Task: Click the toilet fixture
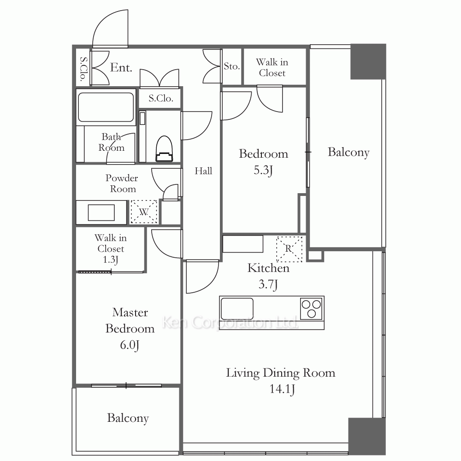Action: pos(164,149)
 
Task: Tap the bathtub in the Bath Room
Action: pos(106,107)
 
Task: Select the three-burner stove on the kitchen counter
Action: pos(311,308)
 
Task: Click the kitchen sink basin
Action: pos(237,309)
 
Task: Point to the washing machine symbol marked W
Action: pos(144,212)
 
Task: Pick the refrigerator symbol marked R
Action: pos(289,249)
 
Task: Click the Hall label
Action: pos(203,171)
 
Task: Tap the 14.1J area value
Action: pos(282,389)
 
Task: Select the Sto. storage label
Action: pos(232,66)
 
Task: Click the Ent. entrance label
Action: pos(121,68)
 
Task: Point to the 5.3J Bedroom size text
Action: pos(263,170)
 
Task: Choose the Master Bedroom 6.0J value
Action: pos(130,345)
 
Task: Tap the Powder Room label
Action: pos(122,183)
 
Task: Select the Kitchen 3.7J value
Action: pos(268,284)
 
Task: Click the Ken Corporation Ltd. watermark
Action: pos(230,322)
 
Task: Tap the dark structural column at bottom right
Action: pos(367,436)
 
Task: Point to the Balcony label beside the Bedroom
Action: pos(349,152)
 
